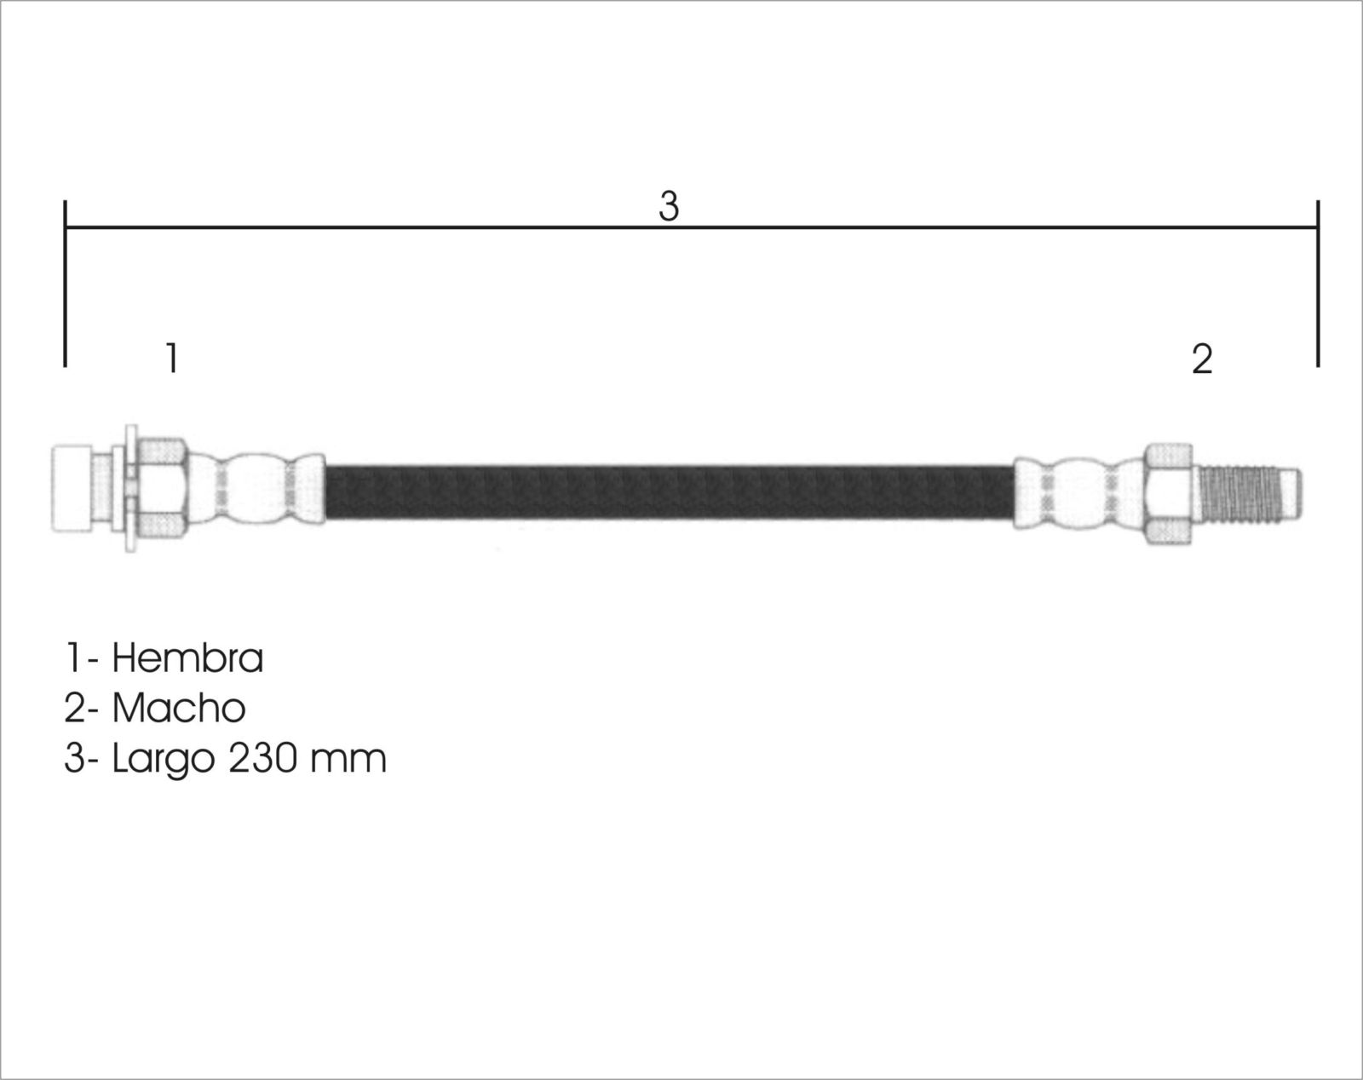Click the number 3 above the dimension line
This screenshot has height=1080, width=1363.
click(x=669, y=206)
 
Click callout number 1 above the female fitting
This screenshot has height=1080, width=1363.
click(x=171, y=358)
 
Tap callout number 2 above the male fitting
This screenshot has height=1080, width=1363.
click(x=1202, y=359)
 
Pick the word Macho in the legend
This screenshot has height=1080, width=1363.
click(x=179, y=708)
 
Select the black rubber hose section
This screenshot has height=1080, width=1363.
click(x=669, y=493)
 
